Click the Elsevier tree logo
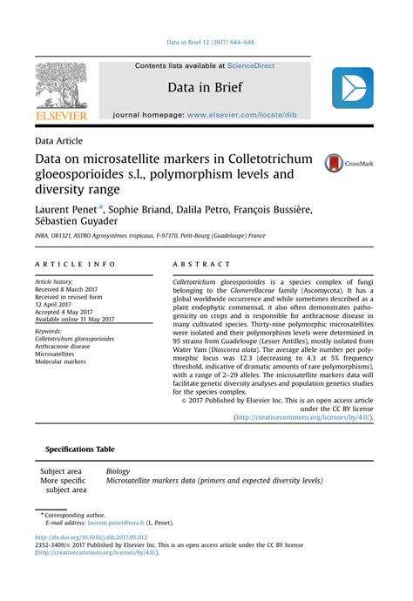pyautogui.click(x=62, y=86)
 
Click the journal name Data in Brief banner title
pyautogui.click(x=205, y=88)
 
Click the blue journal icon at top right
pyautogui.click(x=352, y=88)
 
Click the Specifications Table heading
pyautogui.click(x=78, y=449)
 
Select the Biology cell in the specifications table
pyautogui.click(x=118, y=471)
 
